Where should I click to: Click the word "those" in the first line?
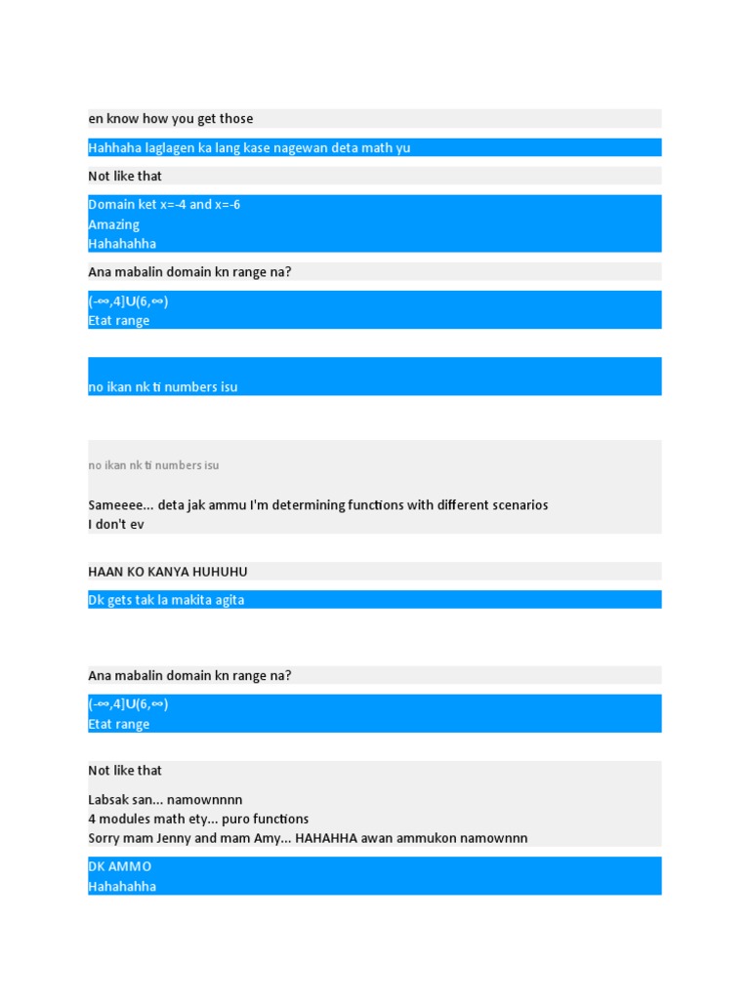pos(235,119)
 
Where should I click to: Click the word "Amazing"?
pos(114,224)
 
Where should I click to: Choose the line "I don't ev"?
pos(116,525)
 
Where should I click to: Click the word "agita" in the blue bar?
pos(227,600)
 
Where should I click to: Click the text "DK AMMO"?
pos(120,867)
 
